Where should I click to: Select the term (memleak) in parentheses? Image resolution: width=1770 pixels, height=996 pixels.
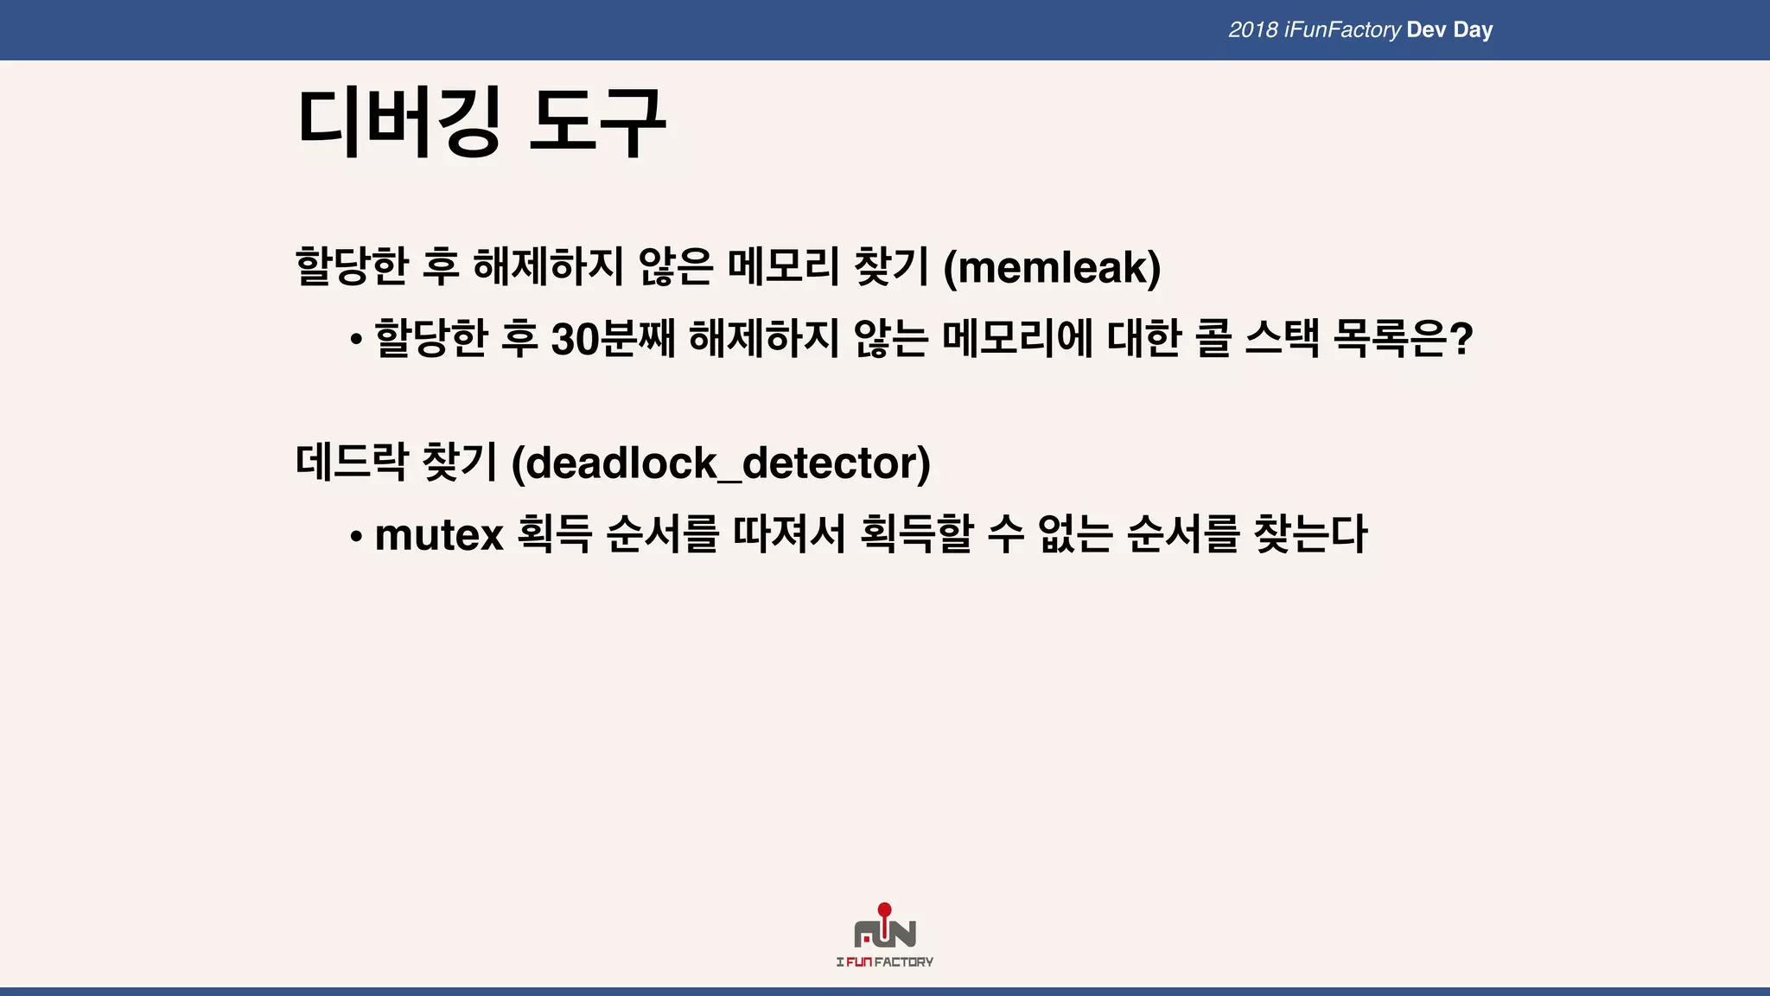tap(1052, 266)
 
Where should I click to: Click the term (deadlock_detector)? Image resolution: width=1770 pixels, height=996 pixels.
tap(721, 463)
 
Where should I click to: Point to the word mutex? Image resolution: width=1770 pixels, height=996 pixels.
tap(439, 534)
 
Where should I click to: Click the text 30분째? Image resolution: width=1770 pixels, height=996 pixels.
tap(613, 338)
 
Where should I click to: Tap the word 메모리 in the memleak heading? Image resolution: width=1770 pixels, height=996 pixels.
tap(783, 266)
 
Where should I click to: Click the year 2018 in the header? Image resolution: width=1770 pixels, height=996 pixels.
tap(1252, 30)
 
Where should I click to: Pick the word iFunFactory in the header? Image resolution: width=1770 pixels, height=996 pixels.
tap(1342, 30)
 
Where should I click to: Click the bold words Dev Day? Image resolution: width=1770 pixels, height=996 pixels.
tap(1449, 30)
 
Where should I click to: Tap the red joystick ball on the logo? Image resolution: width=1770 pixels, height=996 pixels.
tap(884, 910)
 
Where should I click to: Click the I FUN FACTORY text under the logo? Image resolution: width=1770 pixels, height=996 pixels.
tap(884, 962)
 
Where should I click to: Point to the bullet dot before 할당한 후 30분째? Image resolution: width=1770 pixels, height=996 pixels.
tap(356, 340)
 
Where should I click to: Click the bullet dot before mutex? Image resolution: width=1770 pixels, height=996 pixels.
tap(356, 536)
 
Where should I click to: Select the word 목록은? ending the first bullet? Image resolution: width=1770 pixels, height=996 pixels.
tap(1403, 338)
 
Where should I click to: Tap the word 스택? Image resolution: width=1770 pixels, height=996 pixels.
tap(1283, 338)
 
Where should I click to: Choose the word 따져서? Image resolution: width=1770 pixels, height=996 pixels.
tap(789, 533)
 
